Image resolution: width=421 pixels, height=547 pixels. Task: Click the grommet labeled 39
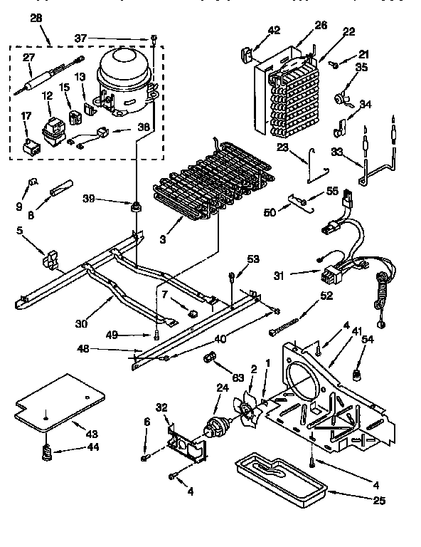[133, 207]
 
